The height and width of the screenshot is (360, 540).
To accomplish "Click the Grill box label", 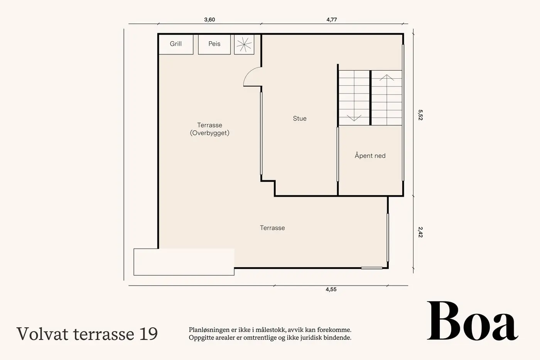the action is coord(175,44).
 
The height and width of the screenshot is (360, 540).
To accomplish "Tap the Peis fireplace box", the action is coord(214,45).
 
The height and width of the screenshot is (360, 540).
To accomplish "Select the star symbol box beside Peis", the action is coord(244,45).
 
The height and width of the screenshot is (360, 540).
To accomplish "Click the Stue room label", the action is coord(300,118).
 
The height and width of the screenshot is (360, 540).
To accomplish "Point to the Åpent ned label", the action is coord(370,155).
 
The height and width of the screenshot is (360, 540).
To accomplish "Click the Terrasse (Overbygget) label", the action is coord(209,129).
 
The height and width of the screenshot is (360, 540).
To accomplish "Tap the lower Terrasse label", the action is coord(272,228).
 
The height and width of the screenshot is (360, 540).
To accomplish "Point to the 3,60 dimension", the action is coord(209,20).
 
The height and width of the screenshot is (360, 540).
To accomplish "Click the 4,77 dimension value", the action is coord(331,20).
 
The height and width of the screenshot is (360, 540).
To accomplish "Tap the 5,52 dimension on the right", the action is coord(420,115).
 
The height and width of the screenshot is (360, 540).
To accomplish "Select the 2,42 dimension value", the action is coord(420,232).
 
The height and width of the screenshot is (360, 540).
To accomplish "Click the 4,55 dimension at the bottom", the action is coord(331,289).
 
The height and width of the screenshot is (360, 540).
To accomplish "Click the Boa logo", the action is coord(472,321).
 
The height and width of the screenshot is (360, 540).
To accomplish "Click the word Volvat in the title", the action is coord(42,334).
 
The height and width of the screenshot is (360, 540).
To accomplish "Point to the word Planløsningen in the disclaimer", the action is coord(208,330).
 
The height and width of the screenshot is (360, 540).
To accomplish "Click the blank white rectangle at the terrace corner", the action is coord(184,262).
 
